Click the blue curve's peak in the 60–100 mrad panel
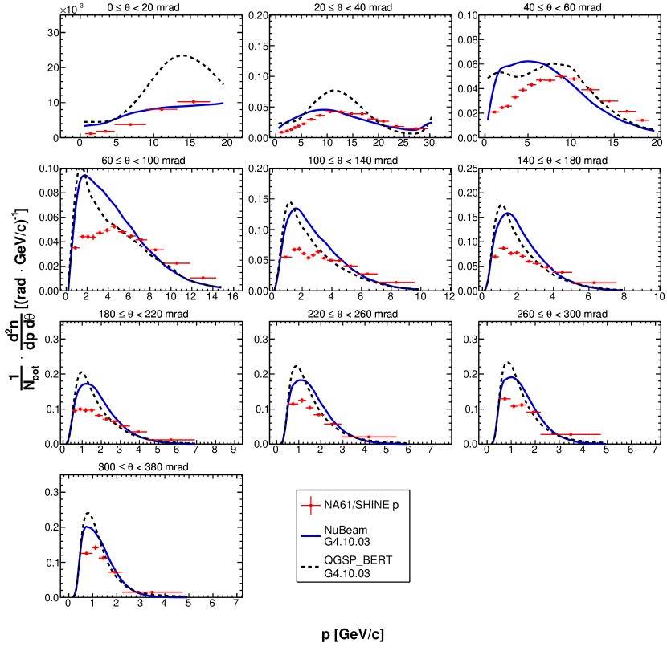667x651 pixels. pyautogui.click(x=84, y=175)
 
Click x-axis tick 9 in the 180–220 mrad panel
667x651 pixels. pyautogui.click(x=233, y=451)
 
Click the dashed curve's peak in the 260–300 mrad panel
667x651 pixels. pyautogui.click(x=508, y=362)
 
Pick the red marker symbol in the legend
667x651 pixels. pyautogui.click(x=312, y=506)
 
